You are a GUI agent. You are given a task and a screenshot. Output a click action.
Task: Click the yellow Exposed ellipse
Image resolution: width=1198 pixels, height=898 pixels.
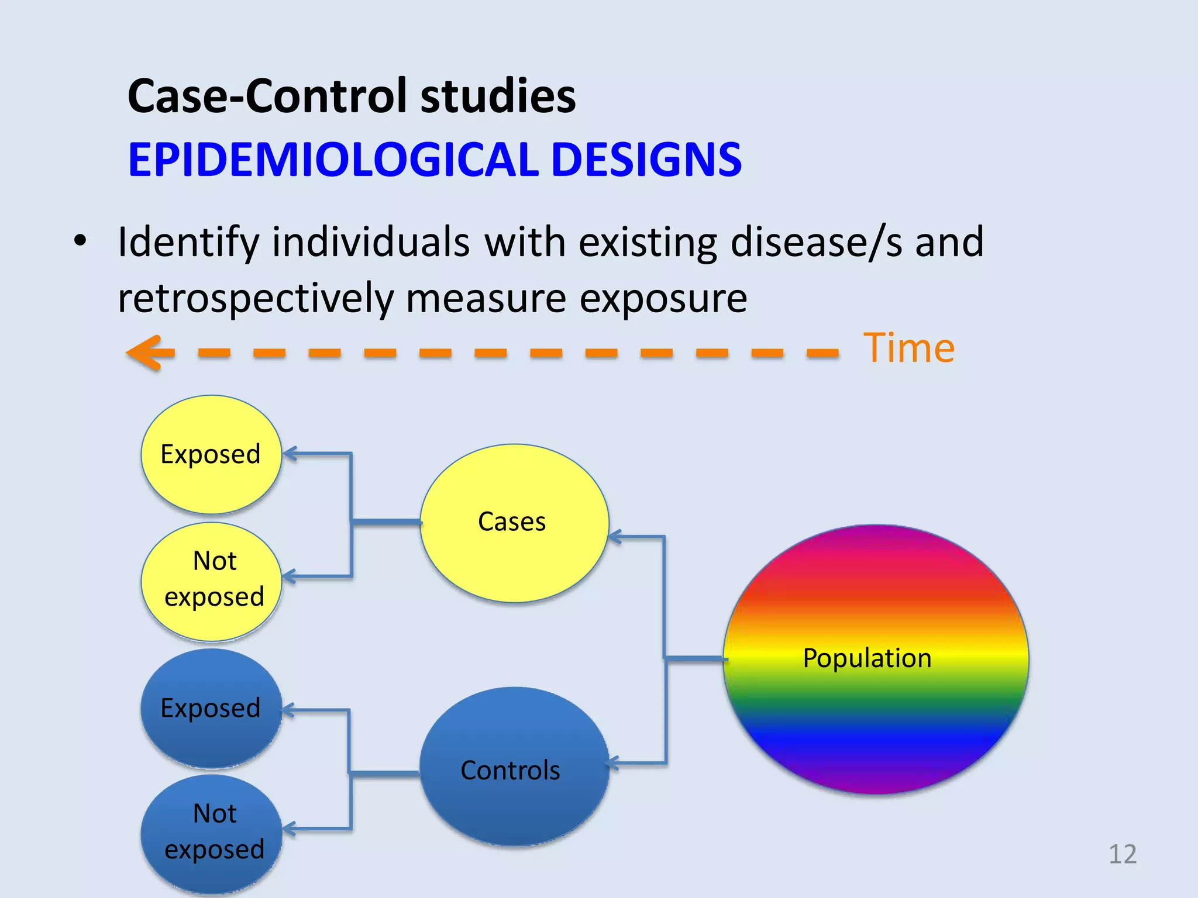tap(211, 454)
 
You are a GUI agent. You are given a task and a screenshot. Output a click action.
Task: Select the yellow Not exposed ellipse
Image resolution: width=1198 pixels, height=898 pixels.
tap(211, 581)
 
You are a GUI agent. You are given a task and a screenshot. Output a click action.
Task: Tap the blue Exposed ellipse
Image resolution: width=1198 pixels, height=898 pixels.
tap(211, 708)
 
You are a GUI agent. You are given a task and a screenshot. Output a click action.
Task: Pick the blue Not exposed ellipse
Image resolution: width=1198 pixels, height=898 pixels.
tap(211, 833)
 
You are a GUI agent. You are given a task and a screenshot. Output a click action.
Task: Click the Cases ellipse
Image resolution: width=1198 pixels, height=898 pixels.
tap(514, 522)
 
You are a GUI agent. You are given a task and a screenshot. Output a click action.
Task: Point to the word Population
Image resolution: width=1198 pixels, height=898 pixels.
tap(867, 658)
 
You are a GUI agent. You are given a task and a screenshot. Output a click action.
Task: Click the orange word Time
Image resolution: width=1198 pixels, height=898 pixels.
tap(908, 348)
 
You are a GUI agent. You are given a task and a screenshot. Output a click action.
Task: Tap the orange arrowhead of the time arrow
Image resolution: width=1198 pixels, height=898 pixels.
tap(146, 353)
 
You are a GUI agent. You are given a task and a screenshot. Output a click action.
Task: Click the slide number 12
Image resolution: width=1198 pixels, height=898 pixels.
tap(1122, 854)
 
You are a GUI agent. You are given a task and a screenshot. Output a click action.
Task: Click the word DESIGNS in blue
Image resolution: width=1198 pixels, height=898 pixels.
tap(646, 160)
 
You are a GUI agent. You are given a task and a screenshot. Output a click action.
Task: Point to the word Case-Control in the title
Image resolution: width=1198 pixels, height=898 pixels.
tap(267, 96)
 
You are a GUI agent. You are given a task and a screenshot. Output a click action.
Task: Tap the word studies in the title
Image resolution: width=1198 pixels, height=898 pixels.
tap(498, 96)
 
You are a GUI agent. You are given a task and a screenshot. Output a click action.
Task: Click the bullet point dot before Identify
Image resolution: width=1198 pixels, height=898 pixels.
tap(80, 240)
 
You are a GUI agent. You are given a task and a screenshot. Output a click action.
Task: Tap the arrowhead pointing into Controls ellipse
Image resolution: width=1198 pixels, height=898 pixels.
tap(613, 763)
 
